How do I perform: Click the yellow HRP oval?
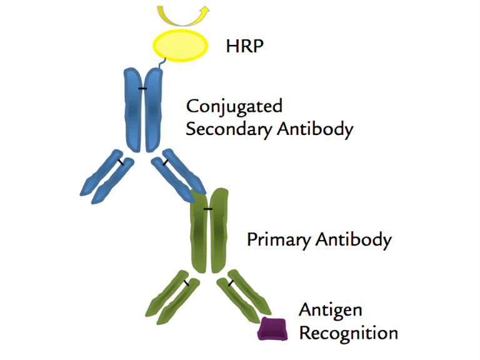(x=180, y=45)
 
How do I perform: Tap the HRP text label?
(x=244, y=46)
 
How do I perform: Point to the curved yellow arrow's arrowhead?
(x=204, y=11)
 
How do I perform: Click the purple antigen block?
(x=272, y=329)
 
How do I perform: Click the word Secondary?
(x=229, y=129)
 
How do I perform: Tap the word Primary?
(x=279, y=240)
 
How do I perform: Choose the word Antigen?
(x=331, y=311)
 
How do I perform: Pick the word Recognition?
(x=348, y=333)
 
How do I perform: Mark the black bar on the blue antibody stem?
(x=142, y=89)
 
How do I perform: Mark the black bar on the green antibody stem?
(x=208, y=209)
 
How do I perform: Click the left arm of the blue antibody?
(x=107, y=177)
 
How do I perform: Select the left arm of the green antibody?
(x=172, y=297)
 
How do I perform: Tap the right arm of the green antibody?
(x=244, y=296)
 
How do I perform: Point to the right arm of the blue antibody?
(x=179, y=176)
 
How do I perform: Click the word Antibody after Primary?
(x=354, y=240)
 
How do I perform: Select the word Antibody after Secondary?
(x=315, y=129)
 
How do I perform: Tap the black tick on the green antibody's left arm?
(x=186, y=283)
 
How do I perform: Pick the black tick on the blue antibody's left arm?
(x=121, y=162)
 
